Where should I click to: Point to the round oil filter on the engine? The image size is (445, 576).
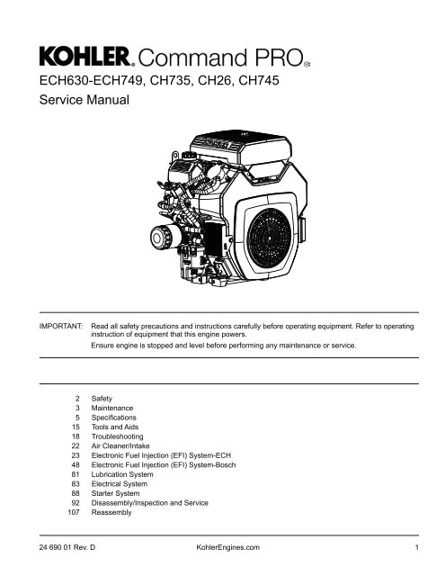[x=163, y=236]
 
